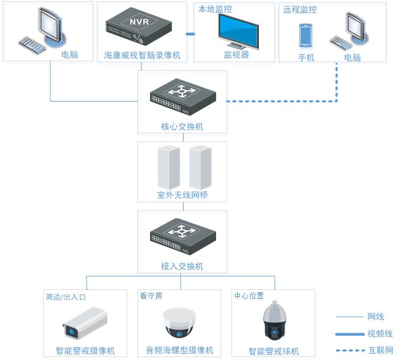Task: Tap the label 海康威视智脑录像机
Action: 142,55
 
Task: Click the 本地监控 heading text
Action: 215,9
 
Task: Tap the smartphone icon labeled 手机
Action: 306,35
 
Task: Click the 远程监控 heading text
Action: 300,9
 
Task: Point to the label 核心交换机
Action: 182,126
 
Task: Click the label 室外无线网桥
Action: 182,195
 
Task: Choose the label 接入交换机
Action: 182,266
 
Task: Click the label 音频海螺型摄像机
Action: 180,350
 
